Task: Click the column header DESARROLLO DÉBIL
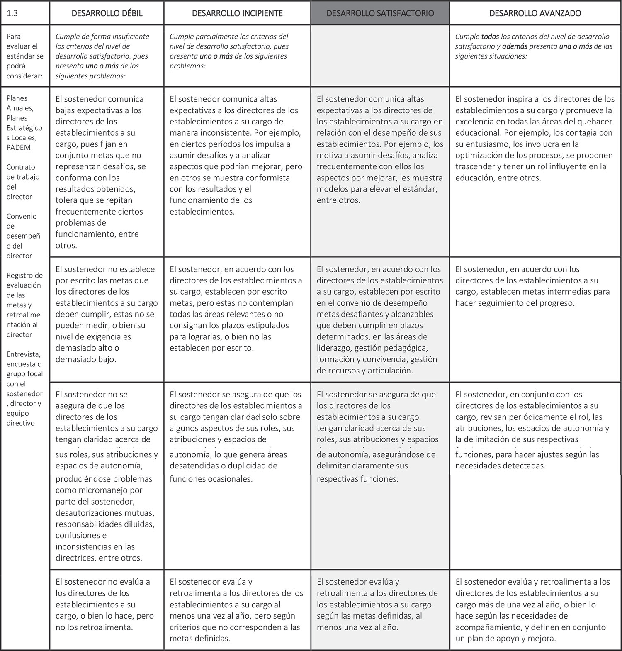click(x=107, y=13)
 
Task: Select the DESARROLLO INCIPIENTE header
click(x=237, y=13)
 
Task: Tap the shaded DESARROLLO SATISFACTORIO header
click(x=380, y=13)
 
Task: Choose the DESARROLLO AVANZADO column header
click(x=535, y=13)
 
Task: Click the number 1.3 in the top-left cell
click(x=12, y=13)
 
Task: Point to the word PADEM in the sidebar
click(x=19, y=147)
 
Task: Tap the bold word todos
click(x=490, y=37)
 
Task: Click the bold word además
click(x=520, y=46)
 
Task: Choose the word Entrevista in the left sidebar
click(x=24, y=354)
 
